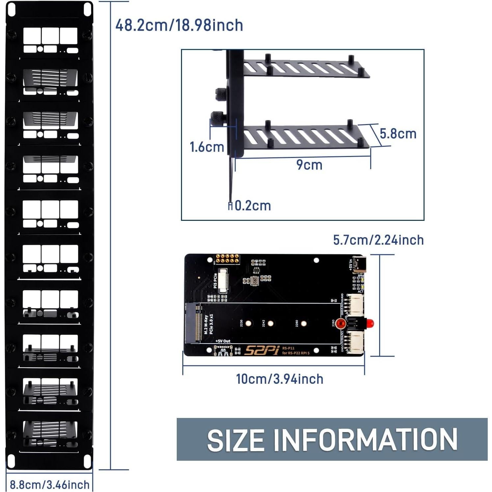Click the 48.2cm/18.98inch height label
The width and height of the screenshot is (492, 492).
[x=179, y=25]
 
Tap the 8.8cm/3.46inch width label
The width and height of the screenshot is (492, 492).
[x=49, y=484]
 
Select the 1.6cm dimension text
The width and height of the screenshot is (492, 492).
[x=207, y=147]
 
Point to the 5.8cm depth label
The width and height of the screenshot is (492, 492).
[x=398, y=134]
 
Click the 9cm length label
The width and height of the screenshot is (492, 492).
[x=309, y=165]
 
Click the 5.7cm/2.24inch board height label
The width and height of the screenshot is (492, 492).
[x=378, y=240]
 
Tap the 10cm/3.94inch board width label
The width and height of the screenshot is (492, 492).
[x=279, y=379]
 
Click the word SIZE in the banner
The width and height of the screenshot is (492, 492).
[x=235, y=440]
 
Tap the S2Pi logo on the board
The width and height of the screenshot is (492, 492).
[x=262, y=350]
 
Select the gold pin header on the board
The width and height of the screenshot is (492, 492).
[x=227, y=259]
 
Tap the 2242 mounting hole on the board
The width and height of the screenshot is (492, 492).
[x=271, y=324]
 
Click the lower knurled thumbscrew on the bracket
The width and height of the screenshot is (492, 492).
[x=217, y=117]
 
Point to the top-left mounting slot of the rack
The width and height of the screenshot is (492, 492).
[x=12, y=9]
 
